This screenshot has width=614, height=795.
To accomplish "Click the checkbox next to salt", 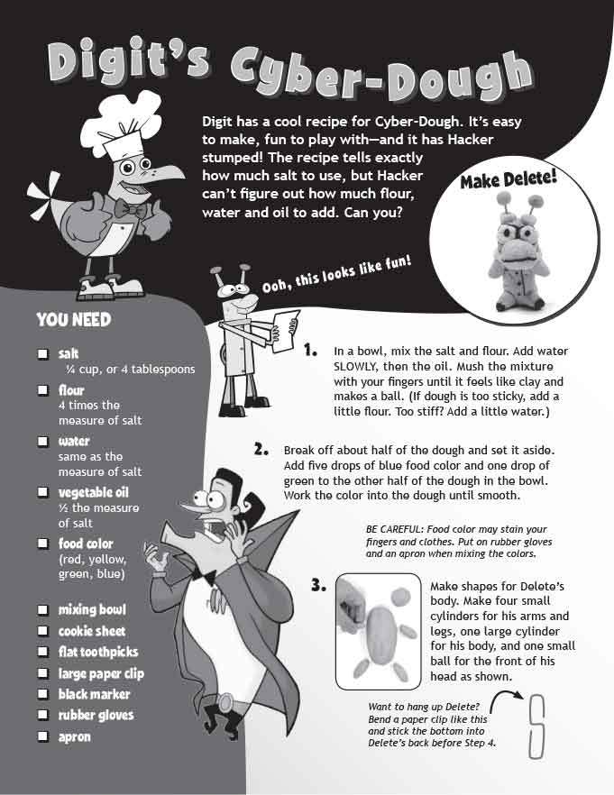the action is tap(43, 354).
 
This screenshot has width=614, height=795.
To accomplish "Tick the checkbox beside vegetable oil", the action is tap(43, 492).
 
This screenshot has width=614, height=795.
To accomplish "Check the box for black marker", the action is tap(43, 694).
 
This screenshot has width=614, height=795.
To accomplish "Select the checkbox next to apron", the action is tap(43, 736).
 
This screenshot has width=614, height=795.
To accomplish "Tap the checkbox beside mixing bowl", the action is tap(43, 609).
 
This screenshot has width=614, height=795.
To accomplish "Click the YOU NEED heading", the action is tap(74, 320).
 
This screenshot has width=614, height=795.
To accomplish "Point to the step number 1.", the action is tap(310, 350).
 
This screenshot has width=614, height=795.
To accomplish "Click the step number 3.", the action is tap(318, 586).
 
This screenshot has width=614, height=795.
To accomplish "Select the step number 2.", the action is tap(261, 449).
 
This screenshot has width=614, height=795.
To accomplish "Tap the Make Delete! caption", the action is tap(509, 178).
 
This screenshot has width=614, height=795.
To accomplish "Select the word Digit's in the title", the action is tap(128, 63).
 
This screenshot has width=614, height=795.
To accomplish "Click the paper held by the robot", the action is tap(285, 332).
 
